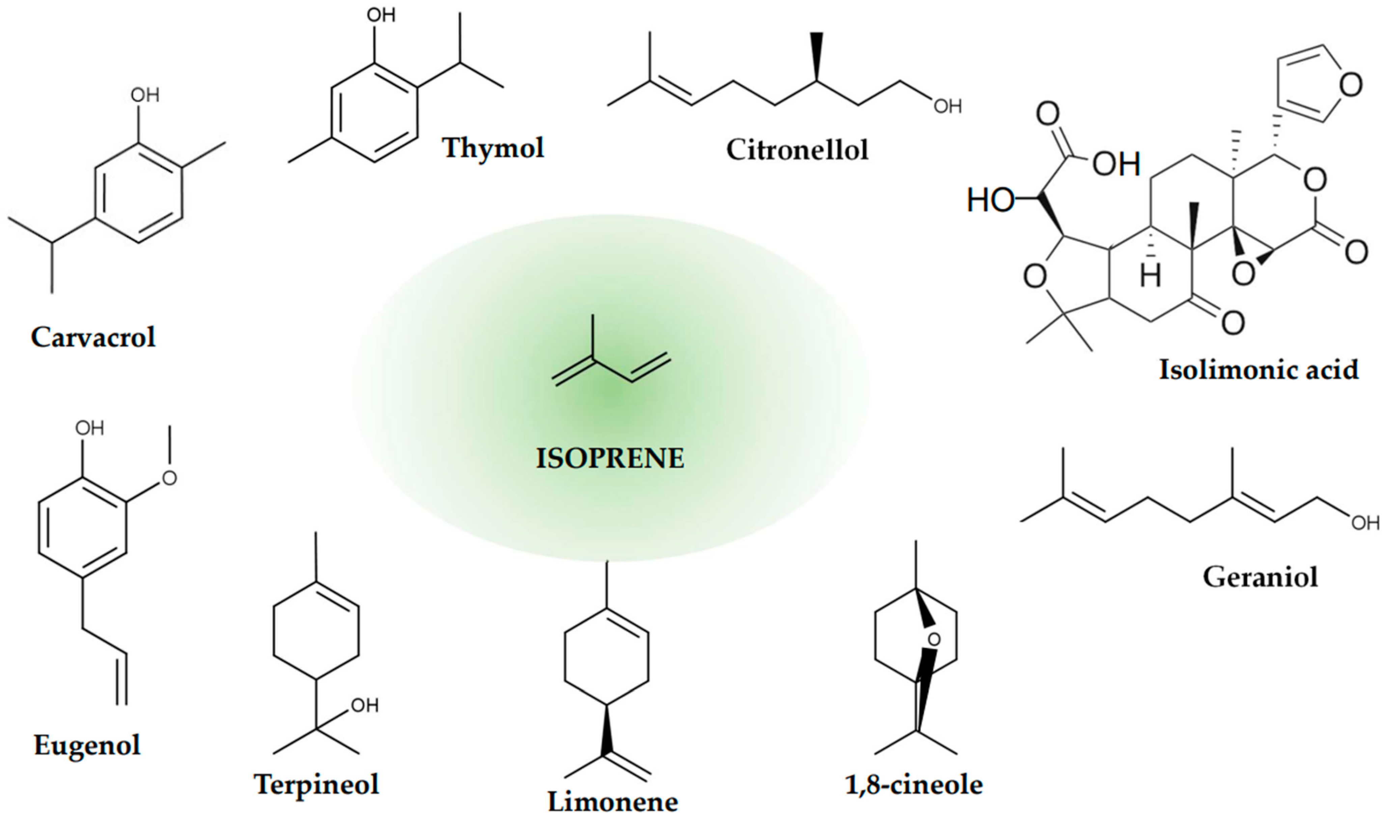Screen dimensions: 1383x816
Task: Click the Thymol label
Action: [x=493, y=148]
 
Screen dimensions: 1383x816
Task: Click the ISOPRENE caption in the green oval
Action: [x=610, y=458]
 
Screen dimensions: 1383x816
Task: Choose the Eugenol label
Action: [x=87, y=745]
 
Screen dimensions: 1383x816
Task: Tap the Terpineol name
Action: [x=316, y=784]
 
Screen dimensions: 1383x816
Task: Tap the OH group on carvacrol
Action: [x=144, y=95]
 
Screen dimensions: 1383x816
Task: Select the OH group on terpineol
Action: [x=364, y=705]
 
